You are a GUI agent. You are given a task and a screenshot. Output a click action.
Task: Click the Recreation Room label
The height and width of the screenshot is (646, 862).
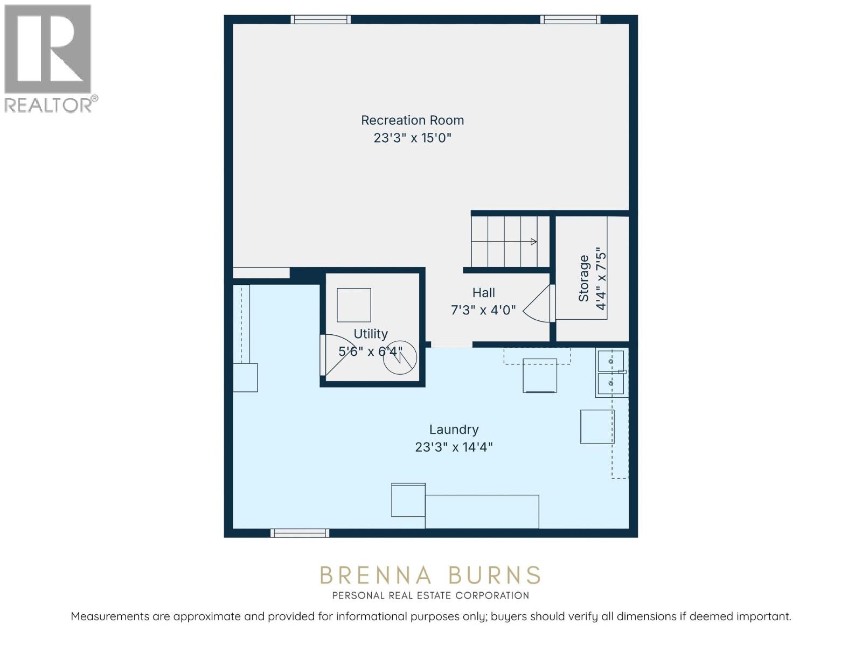(x=412, y=120)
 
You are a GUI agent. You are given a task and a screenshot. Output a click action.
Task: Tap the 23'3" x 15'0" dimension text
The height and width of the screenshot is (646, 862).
(x=412, y=138)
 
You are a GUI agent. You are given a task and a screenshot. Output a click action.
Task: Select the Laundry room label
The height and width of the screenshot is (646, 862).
(x=454, y=429)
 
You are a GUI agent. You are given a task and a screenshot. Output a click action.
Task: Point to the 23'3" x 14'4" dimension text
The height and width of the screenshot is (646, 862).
(x=454, y=447)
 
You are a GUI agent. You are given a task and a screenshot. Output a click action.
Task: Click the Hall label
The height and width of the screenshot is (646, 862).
(x=483, y=293)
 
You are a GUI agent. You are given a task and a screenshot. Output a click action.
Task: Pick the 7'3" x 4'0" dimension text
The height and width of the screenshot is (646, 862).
(x=483, y=310)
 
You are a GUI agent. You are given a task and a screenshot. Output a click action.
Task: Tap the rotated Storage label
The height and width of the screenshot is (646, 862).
(x=583, y=278)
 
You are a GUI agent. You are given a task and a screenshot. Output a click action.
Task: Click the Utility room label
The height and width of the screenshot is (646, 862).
(x=371, y=334)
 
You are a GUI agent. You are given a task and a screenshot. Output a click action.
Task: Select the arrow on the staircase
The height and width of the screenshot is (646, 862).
(x=533, y=242)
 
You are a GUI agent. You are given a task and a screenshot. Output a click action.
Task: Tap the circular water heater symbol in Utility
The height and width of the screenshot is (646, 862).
(x=400, y=357)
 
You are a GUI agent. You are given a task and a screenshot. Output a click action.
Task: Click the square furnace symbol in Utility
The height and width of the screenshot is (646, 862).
(x=354, y=305)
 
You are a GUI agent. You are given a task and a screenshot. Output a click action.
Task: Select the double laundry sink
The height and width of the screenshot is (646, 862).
(x=610, y=372)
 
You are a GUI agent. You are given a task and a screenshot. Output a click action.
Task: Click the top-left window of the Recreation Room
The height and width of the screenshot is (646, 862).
(x=321, y=19)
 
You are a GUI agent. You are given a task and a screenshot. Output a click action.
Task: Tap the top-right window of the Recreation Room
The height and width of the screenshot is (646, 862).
(x=570, y=19)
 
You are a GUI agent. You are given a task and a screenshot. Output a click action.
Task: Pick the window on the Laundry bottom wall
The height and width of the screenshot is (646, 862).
(x=300, y=533)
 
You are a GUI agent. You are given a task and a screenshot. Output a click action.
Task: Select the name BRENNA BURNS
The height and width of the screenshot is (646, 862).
(x=430, y=575)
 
